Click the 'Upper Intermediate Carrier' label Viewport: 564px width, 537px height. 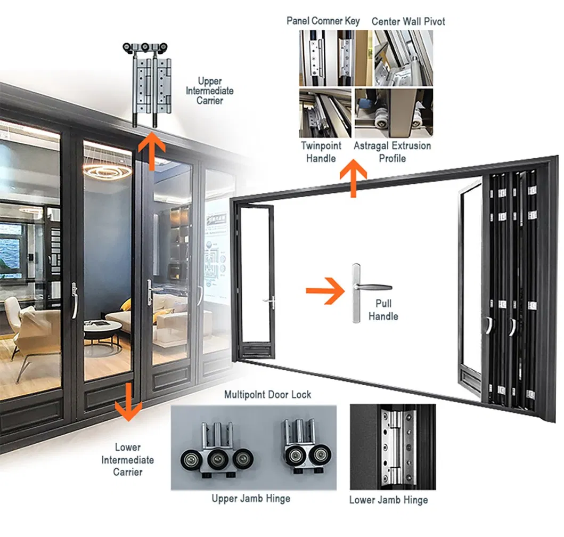click(x=209, y=91)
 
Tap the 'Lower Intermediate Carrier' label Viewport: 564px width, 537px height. click(x=127, y=459)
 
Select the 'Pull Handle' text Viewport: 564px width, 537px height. click(x=383, y=310)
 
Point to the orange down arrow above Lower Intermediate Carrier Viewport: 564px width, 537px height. click(x=128, y=401)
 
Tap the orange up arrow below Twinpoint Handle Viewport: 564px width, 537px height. click(x=353, y=180)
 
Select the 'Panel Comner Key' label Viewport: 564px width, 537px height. click(x=323, y=21)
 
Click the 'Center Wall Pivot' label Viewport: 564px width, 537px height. click(x=408, y=21)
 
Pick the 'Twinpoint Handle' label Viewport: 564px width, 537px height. click(x=321, y=151)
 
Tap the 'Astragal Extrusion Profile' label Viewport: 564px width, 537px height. click(x=393, y=151)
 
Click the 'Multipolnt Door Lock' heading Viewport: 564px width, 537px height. click(x=267, y=395)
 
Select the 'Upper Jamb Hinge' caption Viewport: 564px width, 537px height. click(x=251, y=499)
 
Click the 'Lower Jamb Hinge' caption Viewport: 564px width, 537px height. click(x=388, y=500)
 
